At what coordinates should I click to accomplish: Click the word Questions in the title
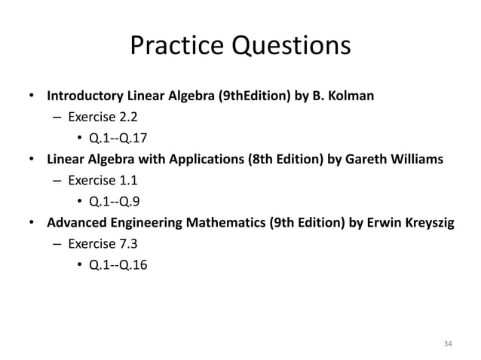click(290, 47)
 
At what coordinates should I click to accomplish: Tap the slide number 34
click(448, 343)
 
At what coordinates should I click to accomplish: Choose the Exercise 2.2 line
click(103, 117)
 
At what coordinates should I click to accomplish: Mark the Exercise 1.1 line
click(103, 181)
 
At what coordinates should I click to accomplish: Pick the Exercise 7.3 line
click(103, 244)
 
